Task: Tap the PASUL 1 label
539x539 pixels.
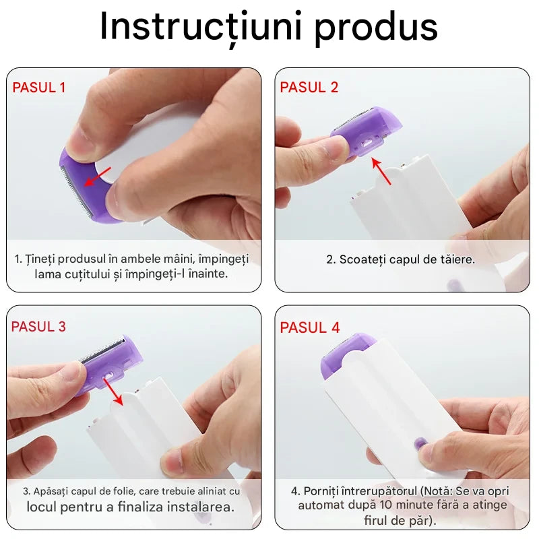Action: tap(39, 87)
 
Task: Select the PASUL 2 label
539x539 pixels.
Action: tap(309, 87)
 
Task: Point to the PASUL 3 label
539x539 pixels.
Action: tap(39, 327)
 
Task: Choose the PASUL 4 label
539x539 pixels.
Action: tap(310, 327)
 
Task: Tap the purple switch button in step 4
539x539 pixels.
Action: tap(420, 444)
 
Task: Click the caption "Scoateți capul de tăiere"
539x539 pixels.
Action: tap(401, 259)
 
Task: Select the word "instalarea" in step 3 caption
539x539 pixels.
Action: tap(201, 506)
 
